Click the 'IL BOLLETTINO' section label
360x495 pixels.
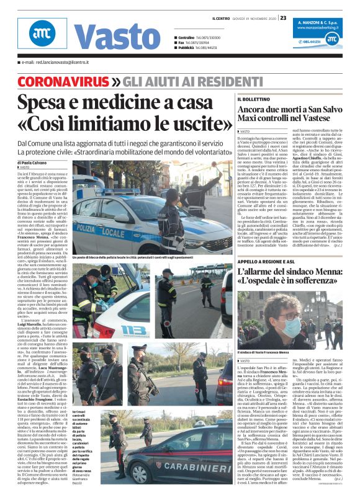(253, 99)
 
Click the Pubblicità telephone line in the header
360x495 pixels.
(199, 48)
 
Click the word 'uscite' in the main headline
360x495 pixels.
(186, 123)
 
